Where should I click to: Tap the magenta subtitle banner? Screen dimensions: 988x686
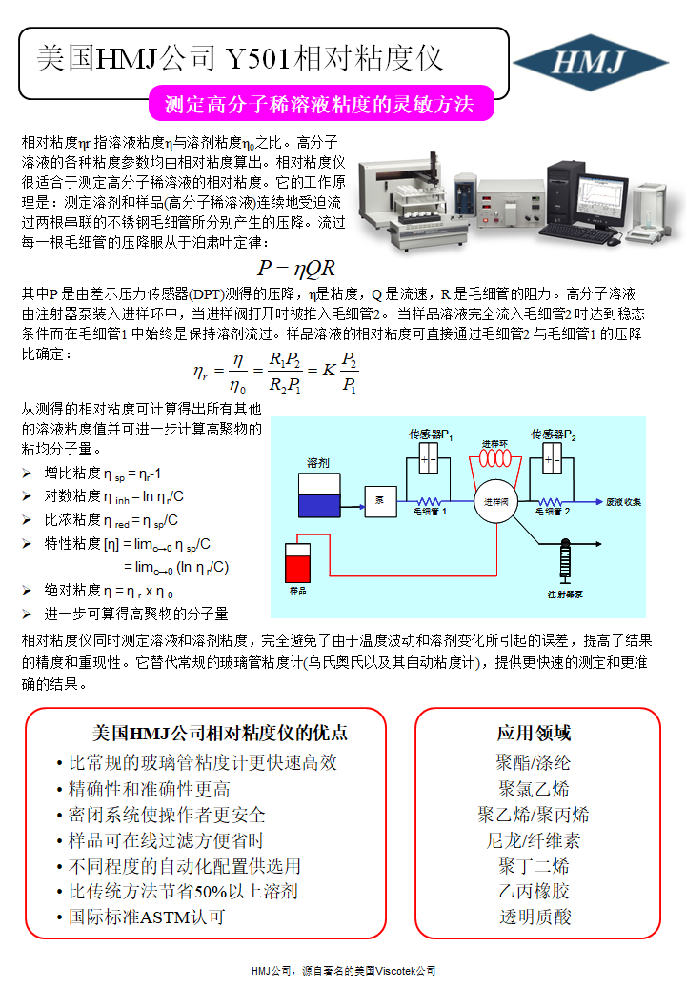(x=320, y=104)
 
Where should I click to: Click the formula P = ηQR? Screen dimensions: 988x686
(x=296, y=269)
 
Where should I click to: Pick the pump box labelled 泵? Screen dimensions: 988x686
(x=379, y=499)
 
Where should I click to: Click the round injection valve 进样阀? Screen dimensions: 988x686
(x=494, y=500)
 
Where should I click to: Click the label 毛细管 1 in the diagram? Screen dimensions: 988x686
(x=431, y=512)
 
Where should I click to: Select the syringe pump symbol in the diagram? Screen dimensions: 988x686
(x=564, y=561)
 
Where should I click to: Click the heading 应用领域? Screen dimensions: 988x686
(x=534, y=733)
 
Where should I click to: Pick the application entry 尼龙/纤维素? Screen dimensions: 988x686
(x=534, y=839)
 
